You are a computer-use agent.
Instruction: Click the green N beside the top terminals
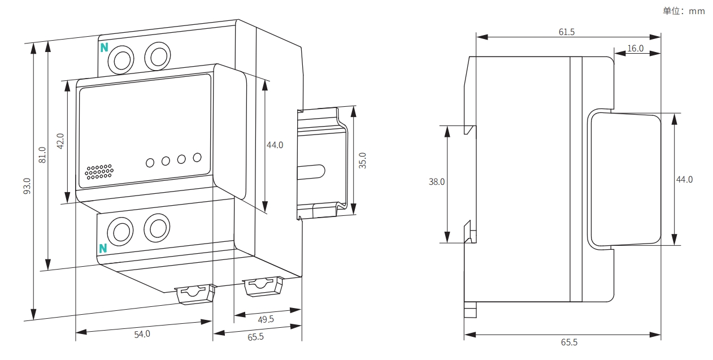(x=104, y=47)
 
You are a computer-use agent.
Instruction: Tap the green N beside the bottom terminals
(x=103, y=248)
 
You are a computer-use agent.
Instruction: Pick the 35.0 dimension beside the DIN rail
(x=363, y=161)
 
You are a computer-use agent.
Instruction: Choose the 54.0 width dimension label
(x=142, y=334)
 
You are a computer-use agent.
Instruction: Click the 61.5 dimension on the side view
(x=567, y=32)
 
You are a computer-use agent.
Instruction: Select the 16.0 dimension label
(x=636, y=49)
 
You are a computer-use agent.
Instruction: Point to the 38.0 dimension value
(x=437, y=182)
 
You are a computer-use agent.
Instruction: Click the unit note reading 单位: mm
(x=684, y=11)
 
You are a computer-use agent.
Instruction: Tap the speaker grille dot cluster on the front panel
(x=99, y=172)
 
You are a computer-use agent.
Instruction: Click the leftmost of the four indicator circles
(x=150, y=163)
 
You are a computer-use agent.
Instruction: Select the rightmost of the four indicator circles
(x=197, y=157)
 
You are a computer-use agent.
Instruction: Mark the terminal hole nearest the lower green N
(x=121, y=232)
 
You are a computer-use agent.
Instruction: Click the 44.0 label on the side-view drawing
(x=685, y=180)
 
